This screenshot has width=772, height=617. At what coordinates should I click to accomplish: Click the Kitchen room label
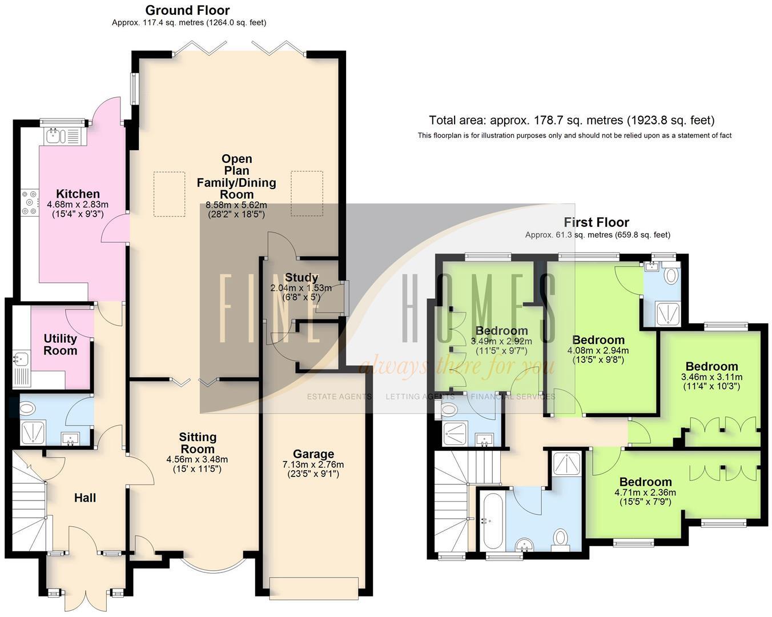pos(78,194)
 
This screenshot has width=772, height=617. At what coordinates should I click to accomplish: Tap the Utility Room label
pos(60,344)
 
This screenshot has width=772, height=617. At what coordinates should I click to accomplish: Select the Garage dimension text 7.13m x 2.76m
pos(313,464)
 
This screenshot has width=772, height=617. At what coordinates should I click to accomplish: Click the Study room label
pos(301,278)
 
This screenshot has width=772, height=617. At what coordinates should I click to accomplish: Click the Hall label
pos(85,498)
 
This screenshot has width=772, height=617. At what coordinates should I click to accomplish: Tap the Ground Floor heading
pos(187,10)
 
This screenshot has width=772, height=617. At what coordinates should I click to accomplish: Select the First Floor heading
pos(596,222)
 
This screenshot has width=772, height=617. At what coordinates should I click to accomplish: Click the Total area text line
pos(572,121)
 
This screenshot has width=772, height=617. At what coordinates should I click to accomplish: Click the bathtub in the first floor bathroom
pos(492,521)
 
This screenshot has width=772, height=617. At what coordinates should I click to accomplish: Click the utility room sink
pos(21,360)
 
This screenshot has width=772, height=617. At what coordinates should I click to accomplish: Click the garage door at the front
pos(315,587)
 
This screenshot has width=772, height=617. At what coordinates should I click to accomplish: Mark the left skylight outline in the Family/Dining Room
pos(169,194)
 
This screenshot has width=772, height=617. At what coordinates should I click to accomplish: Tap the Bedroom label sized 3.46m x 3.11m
pos(711,366)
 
